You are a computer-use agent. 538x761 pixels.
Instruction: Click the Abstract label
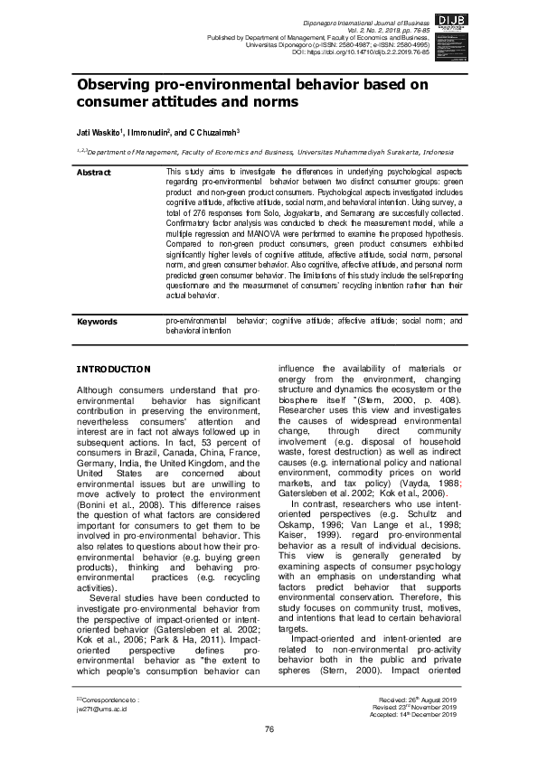(x=94, y=172)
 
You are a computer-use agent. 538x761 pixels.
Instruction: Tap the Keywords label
(x=97, y=321)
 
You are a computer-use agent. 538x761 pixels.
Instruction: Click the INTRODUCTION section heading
(x=112, y=370)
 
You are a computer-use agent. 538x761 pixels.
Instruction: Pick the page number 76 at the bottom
(x=269, y=729)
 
